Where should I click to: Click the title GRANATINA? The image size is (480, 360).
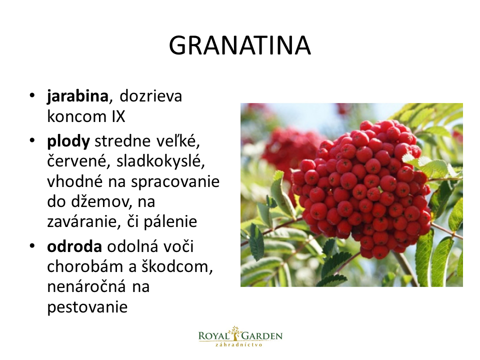click(239, 45)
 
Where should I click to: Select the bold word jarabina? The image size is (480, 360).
click(77, 96)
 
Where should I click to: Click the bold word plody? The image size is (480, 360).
click(68, 141)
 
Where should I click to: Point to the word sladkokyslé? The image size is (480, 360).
click(160, 161)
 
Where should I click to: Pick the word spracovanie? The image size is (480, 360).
click(175, 182)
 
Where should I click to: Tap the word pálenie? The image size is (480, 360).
click(170, 222)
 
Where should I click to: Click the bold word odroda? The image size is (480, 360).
click(74, 246)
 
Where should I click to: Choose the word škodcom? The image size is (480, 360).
click(176, 266)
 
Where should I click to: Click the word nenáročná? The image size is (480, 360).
click(86, 286)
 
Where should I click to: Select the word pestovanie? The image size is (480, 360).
click(87, 307)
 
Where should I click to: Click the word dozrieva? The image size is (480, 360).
click(150, 96)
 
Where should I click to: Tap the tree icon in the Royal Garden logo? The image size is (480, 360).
click(235, 333)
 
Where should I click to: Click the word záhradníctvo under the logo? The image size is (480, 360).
click(239, 344)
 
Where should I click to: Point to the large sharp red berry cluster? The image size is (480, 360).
click(361, 188)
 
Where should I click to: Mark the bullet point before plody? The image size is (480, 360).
click(32, 140)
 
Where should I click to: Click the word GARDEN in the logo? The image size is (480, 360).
click(262, 336)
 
